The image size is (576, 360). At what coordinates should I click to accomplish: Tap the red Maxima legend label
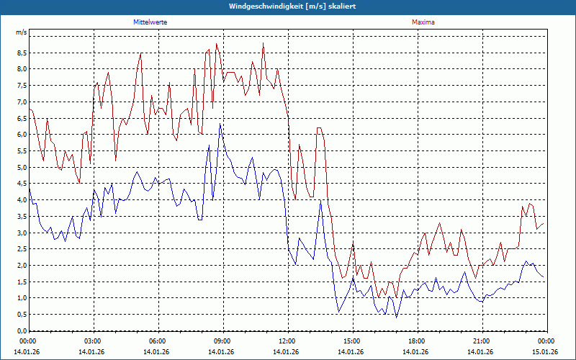click(423, 22)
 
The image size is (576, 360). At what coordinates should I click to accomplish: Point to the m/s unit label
click(21, 33)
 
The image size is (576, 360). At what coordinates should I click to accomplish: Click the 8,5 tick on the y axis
click(22, 53)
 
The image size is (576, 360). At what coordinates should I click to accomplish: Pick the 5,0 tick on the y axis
click(22, 168)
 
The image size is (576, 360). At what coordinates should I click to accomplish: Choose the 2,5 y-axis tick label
click(22, 249)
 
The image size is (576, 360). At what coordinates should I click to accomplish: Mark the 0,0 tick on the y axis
click(22, 331)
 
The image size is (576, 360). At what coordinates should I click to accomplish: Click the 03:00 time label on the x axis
click(93, 341)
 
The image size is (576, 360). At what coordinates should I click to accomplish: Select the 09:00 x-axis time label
click(222, 341)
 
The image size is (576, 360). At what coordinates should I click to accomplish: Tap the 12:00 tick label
click(287, 341)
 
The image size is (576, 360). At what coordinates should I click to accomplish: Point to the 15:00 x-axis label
click(352, 341)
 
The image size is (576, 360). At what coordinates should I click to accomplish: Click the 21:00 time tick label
click(482, 341)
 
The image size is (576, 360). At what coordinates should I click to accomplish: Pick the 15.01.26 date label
click(545, 352)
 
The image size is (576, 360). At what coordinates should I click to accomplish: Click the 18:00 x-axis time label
click(417, 341)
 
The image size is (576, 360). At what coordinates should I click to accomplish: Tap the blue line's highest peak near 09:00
click(220, 125)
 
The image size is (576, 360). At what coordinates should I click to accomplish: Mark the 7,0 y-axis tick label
click(22, 102)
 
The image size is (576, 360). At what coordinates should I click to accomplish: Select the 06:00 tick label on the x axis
click(158, 341)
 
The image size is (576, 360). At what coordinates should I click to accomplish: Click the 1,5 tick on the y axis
click(22, 282)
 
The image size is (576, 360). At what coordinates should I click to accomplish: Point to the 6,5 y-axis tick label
click(22, 119)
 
